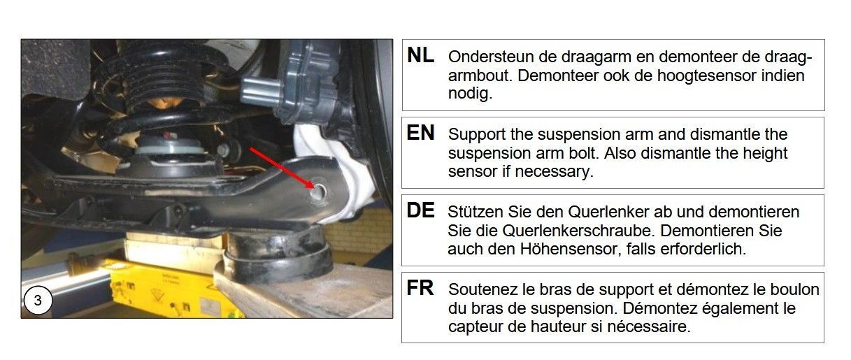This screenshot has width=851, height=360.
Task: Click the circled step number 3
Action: pos(38,301)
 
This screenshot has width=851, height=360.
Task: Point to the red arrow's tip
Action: pos(314,188)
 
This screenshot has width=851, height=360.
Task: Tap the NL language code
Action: pos(420,55)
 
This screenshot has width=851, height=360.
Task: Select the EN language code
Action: pos(420,133)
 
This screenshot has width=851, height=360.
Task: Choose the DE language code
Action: pos(420,210)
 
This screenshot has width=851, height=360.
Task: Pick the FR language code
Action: pos(420,288)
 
